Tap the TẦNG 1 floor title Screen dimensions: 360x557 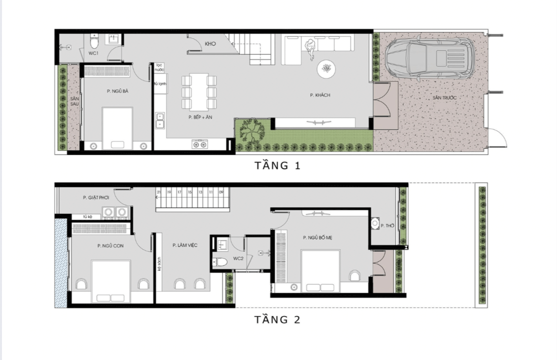[278, 166]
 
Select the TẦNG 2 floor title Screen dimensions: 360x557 [278, 320]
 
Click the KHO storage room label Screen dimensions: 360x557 [210, 44]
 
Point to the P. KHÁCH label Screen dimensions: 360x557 [320, 95]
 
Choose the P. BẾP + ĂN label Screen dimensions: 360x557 [200, 118]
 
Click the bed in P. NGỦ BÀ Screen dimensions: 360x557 [118, 128]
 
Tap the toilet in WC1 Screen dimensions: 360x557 [95, 39]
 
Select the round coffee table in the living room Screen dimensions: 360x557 [326, 69]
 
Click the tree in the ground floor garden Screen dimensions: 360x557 [252, 131]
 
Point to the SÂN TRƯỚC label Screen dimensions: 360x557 [444, 98]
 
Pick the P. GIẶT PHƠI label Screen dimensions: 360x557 [96, 198]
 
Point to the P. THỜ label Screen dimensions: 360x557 [387, 226]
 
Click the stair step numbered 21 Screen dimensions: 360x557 [159, 193]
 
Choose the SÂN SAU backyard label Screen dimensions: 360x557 [74, 101]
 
